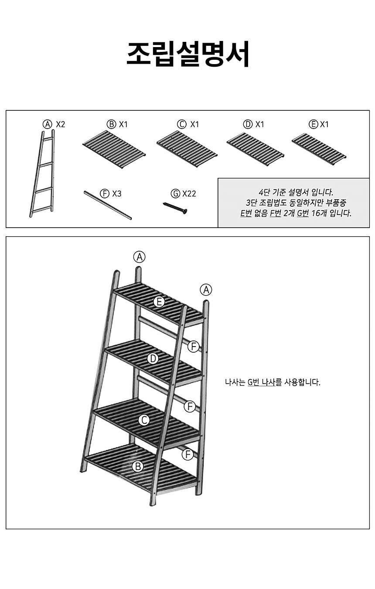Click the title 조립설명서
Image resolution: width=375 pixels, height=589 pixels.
pos(188,54)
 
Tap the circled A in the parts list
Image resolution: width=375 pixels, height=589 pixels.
pos(48,124)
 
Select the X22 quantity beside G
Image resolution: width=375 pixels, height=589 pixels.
pos(189,194)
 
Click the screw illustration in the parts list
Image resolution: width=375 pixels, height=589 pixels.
pos(175,208)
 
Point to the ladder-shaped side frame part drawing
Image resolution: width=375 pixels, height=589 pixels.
pos(42,173)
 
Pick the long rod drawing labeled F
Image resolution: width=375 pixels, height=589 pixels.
pos(108,205)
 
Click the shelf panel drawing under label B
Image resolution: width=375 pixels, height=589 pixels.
pos(114,150)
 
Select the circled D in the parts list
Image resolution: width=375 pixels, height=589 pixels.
pos(248,124)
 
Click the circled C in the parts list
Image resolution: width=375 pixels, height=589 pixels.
pos(181,124)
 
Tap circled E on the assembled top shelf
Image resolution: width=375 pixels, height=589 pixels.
pos(159,302)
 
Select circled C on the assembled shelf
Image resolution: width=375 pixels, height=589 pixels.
pos(144,420)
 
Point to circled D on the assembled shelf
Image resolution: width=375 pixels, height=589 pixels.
pos(153,359)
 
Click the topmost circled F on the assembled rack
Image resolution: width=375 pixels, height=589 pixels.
pos(193,347)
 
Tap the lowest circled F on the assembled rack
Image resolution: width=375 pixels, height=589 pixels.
pos(188,454)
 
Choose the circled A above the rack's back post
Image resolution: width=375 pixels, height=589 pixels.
pos(140,257)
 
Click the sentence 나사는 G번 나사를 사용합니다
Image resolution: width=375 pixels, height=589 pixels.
pos(273,382)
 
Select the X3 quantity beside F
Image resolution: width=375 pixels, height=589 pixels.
pos(117,194)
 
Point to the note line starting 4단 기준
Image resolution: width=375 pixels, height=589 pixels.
pos(296,192)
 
